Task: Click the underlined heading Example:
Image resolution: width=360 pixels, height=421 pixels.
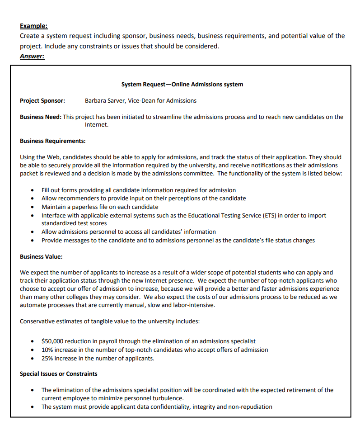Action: coord(33,26)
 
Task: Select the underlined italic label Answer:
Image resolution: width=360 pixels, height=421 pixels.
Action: coord(32,56)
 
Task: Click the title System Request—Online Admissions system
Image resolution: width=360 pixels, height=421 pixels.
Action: coord(182,84)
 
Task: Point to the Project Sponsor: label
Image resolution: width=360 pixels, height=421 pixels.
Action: coord(42,100)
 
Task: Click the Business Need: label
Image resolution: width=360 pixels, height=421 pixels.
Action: coord(41,117)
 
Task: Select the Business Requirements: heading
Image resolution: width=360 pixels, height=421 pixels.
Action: coord(53,141)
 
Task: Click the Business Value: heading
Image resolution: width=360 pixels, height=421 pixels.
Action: coord(41,256)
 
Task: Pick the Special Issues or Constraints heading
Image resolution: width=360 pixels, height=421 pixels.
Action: coord(58,374)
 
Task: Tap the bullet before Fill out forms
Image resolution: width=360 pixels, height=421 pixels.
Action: coord(32,190)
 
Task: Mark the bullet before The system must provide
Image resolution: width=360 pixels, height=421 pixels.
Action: coord(32,407)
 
